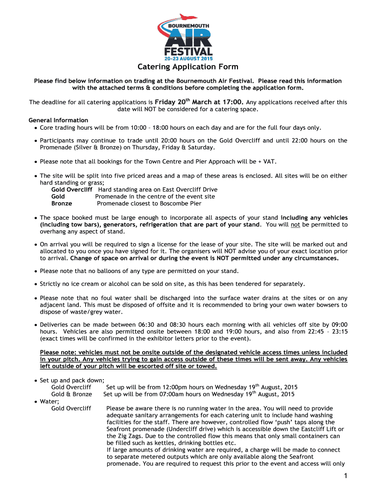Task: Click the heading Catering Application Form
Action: (x=188, y=67)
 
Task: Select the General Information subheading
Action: (x=58, y=120)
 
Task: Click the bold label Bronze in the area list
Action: (x=62, y=204)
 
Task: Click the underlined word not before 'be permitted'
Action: (x=296, y=225)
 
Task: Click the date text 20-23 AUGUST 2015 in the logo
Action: (x=188, y=58)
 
